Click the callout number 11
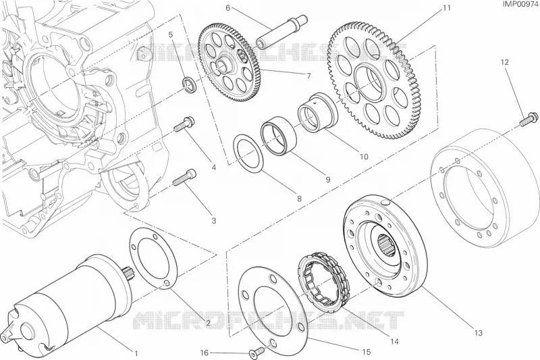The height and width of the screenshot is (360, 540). coord(446,8)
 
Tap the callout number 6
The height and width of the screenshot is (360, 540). coord(228,7)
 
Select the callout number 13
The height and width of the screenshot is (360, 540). coord(479,333)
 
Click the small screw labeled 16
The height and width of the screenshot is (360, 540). coord(256,351)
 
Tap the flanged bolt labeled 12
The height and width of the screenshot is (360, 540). coord(528,120)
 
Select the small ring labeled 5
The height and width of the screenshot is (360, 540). coord(190,84)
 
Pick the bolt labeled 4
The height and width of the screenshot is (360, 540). coord(184,125)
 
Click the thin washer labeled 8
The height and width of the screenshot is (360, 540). coord(248,153)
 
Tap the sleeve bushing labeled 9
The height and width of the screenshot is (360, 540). coord(278,136)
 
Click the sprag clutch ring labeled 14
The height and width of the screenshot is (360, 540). coord(324,280)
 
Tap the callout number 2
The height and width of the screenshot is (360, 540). coord(208,323)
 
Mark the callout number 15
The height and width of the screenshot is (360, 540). coord(367,352)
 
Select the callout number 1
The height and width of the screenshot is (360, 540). coord(136,353)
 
